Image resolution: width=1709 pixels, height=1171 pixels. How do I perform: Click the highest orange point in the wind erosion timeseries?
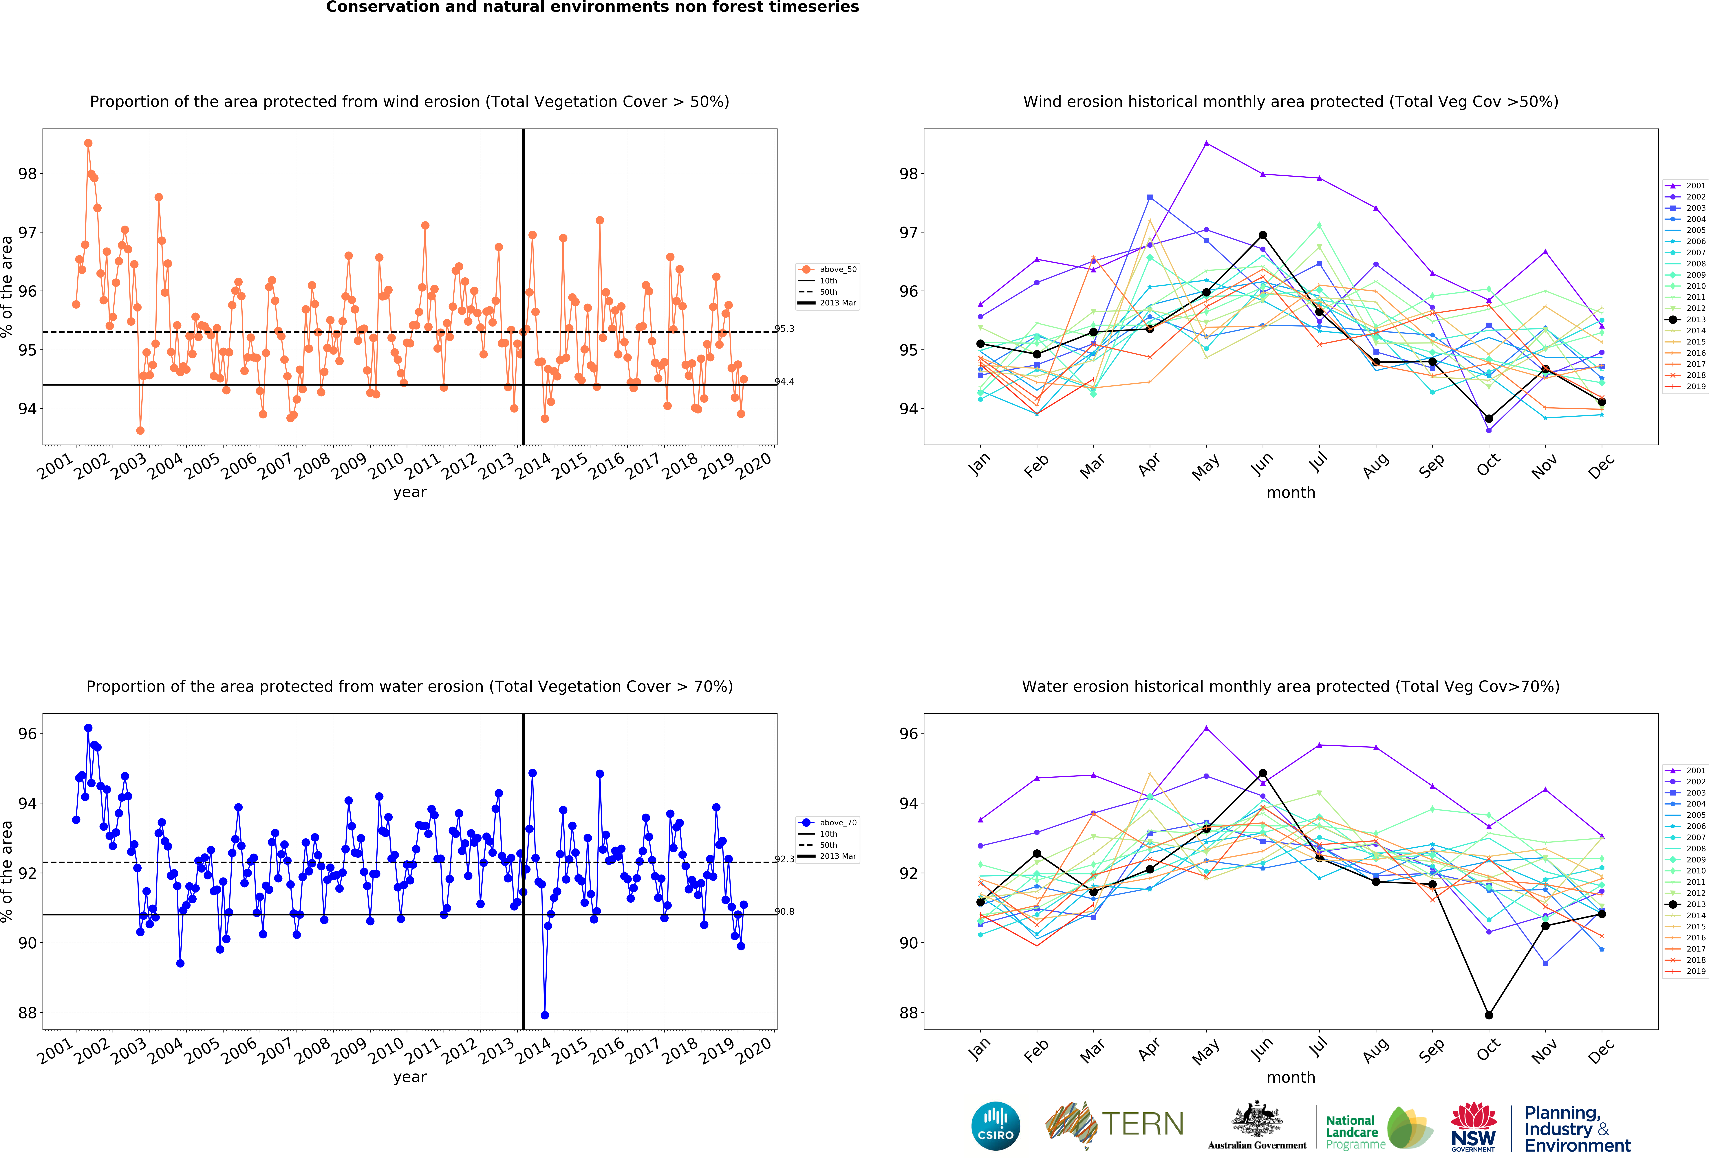[x=88, y=143]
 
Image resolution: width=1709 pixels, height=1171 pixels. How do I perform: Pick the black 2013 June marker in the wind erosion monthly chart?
[x=1263, y=235]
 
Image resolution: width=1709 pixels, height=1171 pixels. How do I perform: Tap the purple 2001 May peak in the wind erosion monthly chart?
[x=1206, y=143]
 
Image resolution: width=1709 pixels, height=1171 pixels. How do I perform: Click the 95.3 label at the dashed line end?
[x=785, y=329]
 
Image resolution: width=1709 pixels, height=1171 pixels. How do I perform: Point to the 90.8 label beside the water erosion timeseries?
[x=785, y=912]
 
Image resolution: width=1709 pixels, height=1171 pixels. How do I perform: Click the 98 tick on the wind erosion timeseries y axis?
[x=27, y=174]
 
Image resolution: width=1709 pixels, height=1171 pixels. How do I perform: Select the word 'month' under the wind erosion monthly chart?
[x=1291, y=492]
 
